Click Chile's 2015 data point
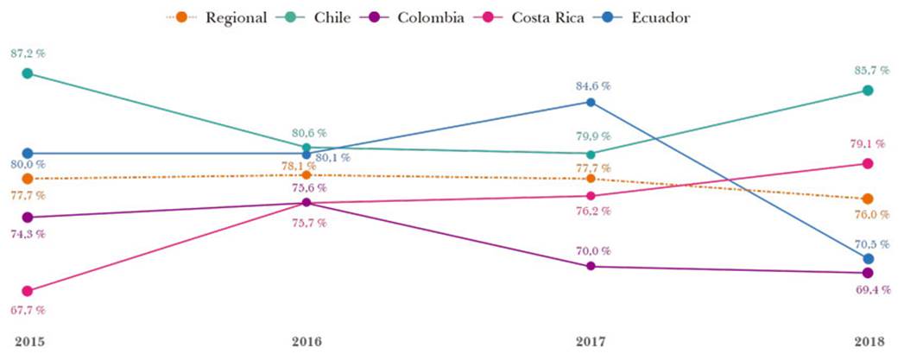click(x=28, y=73)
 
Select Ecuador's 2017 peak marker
click(x=591, y=102)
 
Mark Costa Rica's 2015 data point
click(x=28, y=291)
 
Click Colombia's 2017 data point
click(x=591, y=266)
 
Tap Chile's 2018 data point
click(x=868, y=91)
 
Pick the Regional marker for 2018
click(x=868, y=199)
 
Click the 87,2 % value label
click(x=28, y=54)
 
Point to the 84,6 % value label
click(x=593, y=85)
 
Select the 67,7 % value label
click(x=28, y=309)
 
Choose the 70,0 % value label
click(x=593, y=250)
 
